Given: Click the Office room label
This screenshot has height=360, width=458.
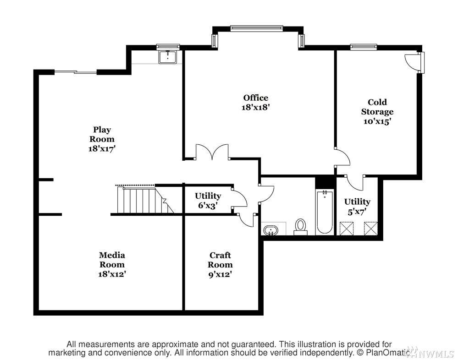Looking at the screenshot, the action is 255,98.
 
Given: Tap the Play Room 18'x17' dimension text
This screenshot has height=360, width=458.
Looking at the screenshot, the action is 102,148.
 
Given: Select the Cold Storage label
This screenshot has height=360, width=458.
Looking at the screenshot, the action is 377,107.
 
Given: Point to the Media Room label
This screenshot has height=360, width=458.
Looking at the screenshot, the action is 112,260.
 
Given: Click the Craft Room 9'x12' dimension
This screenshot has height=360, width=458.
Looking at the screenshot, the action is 220,274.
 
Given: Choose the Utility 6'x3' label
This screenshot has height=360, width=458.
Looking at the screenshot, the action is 208,201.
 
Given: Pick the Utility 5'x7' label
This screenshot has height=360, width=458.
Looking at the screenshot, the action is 357,206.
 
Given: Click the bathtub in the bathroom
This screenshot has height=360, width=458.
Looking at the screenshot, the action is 325,211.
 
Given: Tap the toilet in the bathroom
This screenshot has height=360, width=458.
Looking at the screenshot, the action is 300,227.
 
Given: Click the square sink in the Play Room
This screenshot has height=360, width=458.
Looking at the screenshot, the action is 168,57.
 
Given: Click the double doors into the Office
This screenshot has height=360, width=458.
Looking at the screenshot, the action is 212,152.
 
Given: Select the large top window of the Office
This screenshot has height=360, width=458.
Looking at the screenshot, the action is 256,28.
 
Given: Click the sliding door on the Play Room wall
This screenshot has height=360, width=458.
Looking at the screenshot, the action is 75,72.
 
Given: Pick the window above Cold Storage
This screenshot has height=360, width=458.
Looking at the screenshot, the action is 364,46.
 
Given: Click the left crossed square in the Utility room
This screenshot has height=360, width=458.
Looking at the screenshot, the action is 347,229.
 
